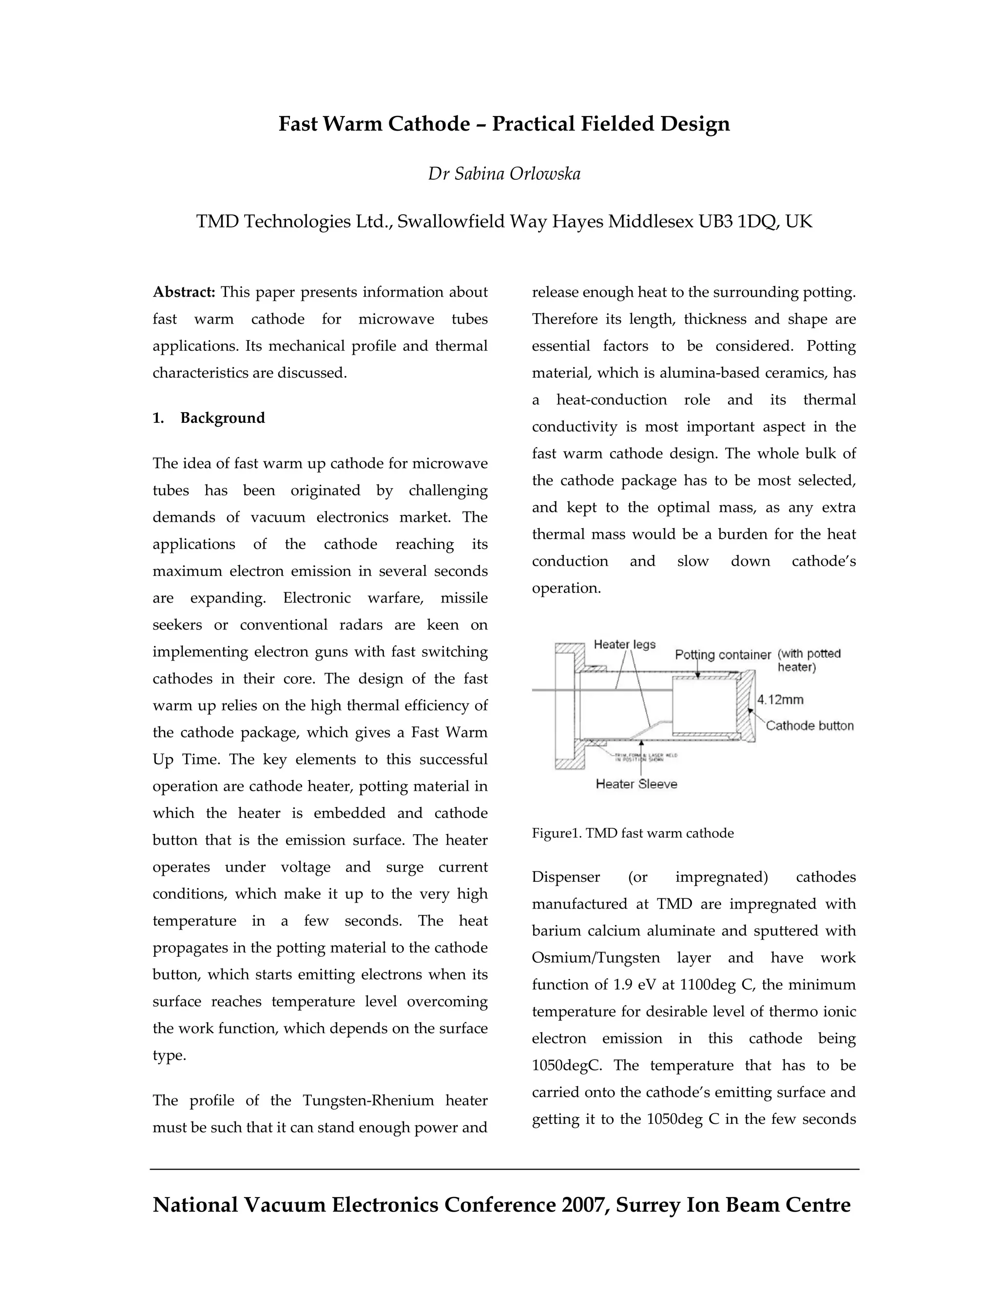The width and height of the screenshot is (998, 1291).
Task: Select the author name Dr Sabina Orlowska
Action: (504, 174)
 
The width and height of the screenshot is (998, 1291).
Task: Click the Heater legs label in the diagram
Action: (624, 645)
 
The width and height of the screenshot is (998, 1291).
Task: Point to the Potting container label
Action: (723, 655)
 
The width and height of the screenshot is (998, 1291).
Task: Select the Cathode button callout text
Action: (809, 726)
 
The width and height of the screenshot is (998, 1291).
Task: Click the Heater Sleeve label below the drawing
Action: (636, 784)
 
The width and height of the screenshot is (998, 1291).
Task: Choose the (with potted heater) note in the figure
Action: (808, 660)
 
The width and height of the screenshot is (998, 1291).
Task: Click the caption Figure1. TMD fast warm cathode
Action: (633, 834)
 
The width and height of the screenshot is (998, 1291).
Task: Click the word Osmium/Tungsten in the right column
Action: (595, 958)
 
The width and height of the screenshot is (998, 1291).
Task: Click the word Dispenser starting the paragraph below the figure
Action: (566, 877)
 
